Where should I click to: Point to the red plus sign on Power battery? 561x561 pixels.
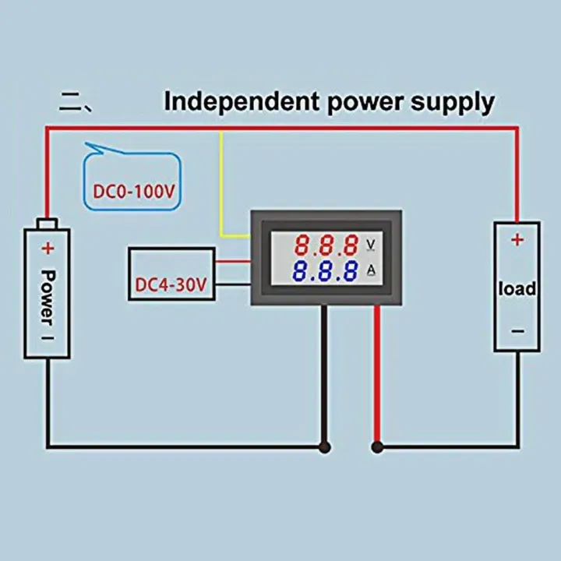click(x=47, y=249)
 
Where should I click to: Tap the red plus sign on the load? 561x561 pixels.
click(x=517, y=240)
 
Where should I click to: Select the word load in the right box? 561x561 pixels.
click(x=517, y=288)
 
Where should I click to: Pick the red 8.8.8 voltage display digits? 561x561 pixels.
click(x=326, y=246)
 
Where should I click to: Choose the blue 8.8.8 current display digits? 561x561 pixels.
click(x=326, y=271)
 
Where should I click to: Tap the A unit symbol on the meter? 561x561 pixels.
click(x=372, y=271)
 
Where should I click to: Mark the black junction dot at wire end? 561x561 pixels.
click(x=324, y=447)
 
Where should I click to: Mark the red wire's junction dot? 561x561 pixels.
click(x=378, y=447)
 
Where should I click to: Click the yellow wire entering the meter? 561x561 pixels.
click(x=223, y=195)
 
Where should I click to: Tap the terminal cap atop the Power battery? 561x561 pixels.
click(x=47, y=224)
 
